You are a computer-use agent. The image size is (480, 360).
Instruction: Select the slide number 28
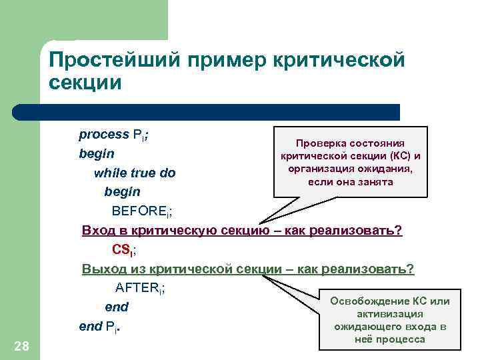pyautogui.click(x=21, y=345)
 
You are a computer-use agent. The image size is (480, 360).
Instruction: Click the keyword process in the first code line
pyautogui.click(x=103, y=135)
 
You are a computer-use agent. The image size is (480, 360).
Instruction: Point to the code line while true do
pyautogui.click(x=135, y=173)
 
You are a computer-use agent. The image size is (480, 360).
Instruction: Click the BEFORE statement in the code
pyautogui.click(x=142, y=211)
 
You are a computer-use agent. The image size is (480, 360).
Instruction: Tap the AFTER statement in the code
pyautogui.click(x=140, y=289)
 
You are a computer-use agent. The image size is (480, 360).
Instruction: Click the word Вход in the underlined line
pyautogui.click(x=98, y=231)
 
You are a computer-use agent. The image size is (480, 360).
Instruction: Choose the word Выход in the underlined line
pyautogui.click(x=103, y=269)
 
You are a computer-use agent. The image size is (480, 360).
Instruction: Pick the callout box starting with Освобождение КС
pyautogui.click(x=390, y=320)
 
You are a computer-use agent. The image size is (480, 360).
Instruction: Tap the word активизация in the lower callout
pyautogui.click(x=390, y=314)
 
